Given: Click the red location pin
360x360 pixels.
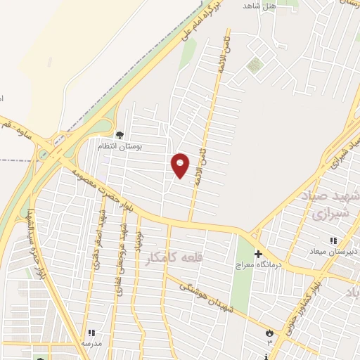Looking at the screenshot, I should point(181,165).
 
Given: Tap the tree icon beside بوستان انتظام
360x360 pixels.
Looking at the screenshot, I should point(120,134).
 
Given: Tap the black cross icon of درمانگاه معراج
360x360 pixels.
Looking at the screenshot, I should point(258,254).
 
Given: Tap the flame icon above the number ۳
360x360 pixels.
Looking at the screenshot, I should point(269,332).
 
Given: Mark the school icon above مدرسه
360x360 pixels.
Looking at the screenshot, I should point(91,333).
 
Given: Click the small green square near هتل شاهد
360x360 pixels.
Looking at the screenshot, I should point(254,65).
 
